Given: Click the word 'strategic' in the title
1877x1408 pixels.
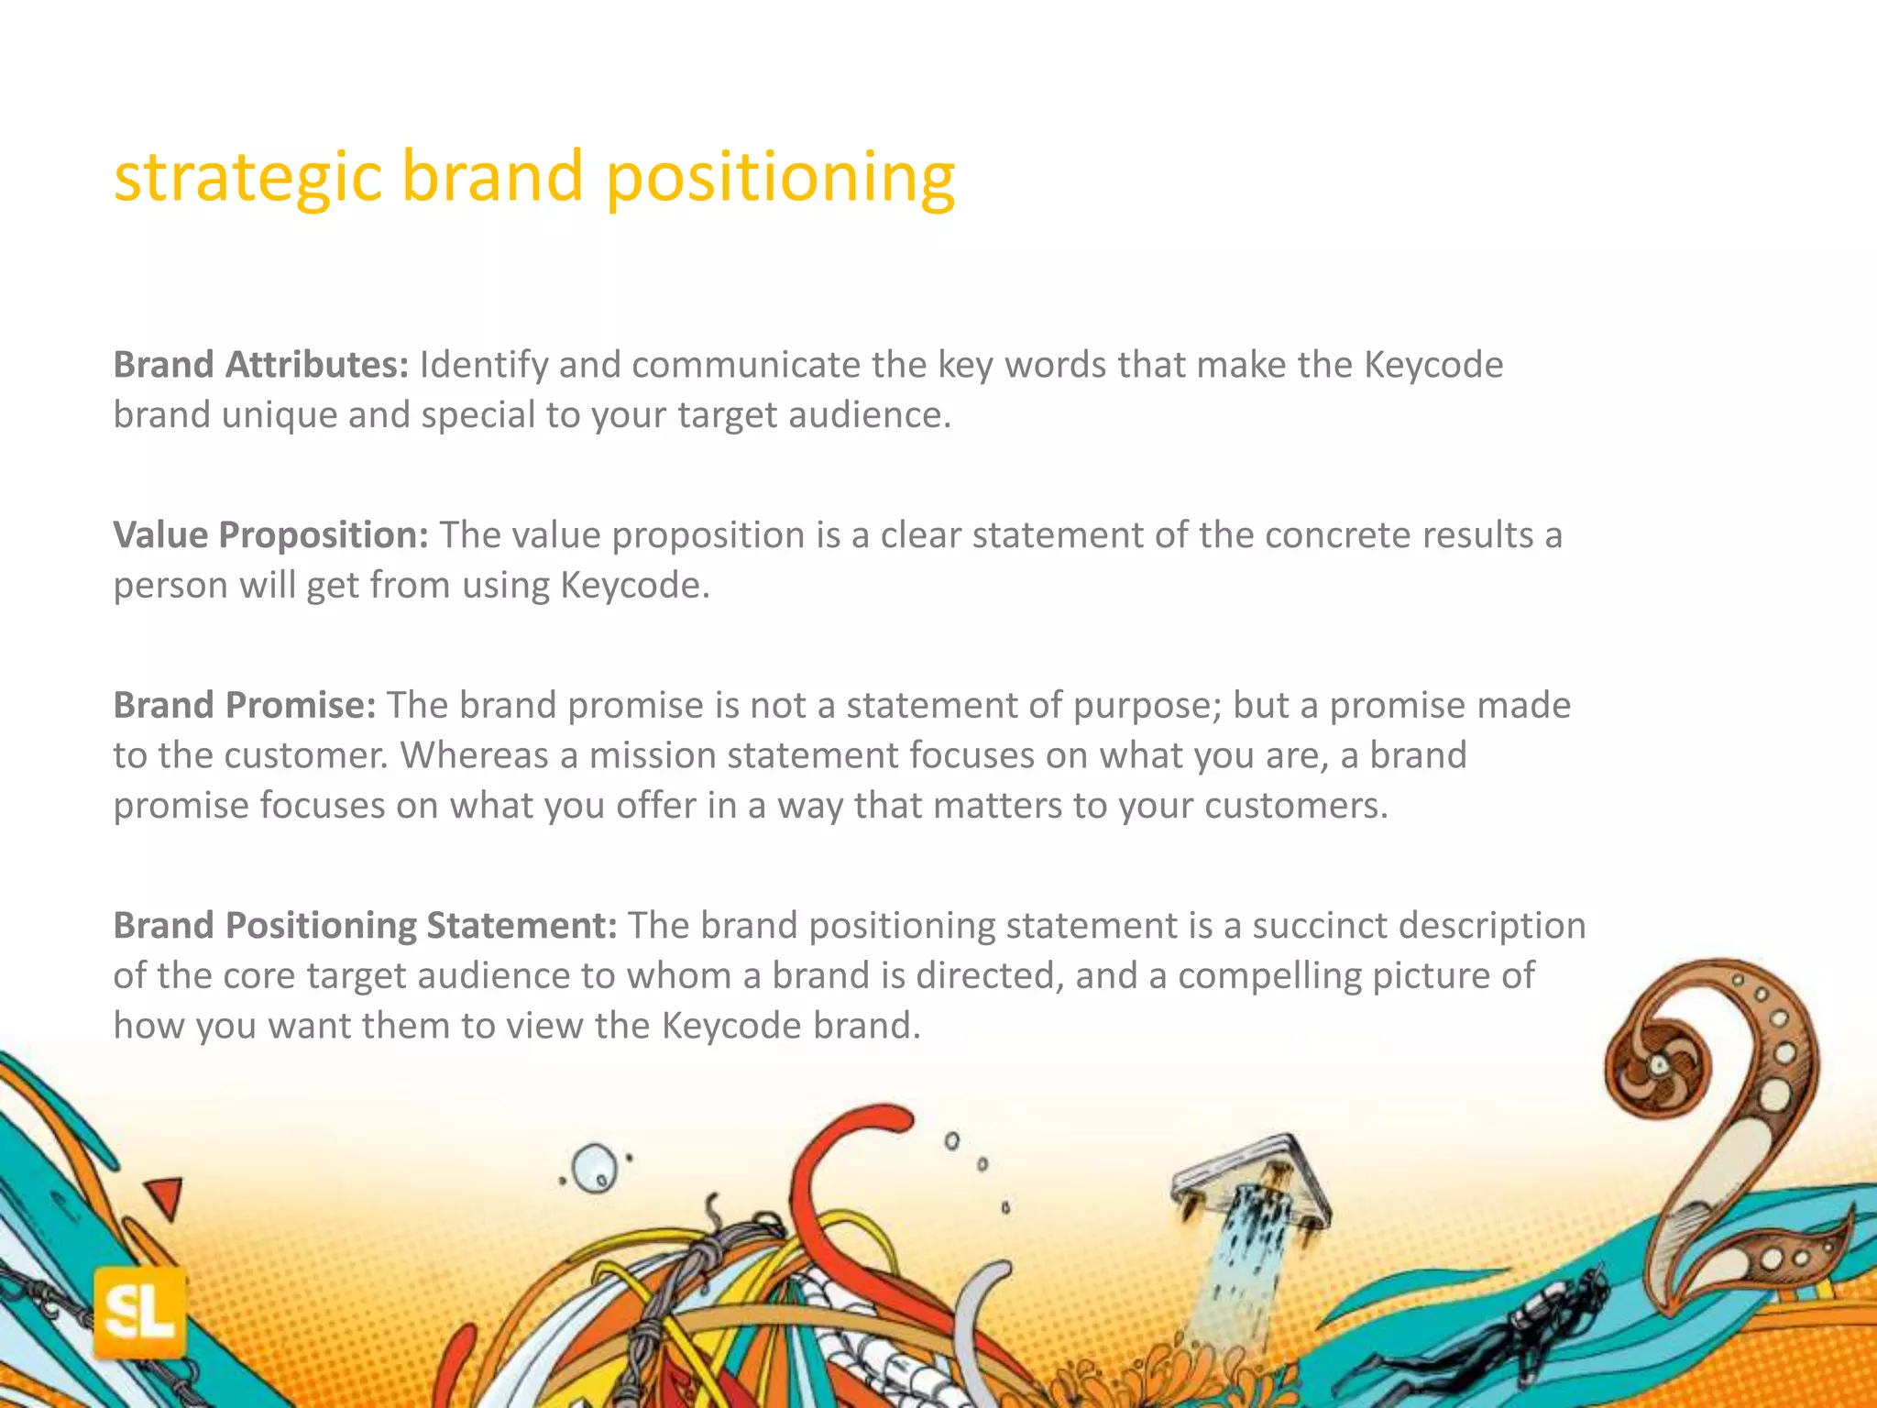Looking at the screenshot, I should click(x=247, y=176).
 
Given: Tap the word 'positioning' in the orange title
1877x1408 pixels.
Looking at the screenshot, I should click(x=780, y=176).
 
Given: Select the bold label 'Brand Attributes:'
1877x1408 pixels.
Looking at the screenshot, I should click(x=260, y=365).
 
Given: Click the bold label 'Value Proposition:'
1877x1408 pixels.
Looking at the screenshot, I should click(x=270, y=535).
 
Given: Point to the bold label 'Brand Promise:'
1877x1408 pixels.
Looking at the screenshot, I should click(x=245, y=706).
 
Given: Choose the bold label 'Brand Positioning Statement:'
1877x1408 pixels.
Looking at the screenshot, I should click(x=365, y=926).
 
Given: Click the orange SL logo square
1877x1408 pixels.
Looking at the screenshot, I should click(x=139, y=1313).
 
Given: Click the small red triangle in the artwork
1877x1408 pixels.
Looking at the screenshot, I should click(x=165, y=1196).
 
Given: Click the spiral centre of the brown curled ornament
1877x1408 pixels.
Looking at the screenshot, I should click(x=1660, y=1065).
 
